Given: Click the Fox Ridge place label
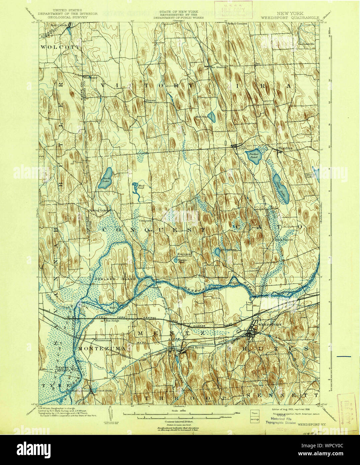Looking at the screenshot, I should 113,321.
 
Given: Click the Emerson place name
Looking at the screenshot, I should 184,254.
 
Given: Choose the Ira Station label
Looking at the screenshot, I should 218,67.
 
